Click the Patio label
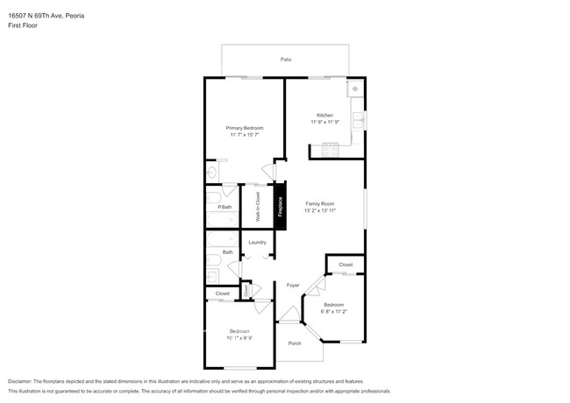coord(285,60)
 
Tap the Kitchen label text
coord(324,116)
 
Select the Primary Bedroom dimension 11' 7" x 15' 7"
coord(245,135)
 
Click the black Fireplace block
coord(281,207)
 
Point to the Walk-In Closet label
coord(258,207)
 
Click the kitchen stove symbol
coord(331,150)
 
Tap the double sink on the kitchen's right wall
coord(358,119)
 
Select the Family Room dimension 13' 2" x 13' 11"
coord(320,210)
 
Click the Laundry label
coord(257,242)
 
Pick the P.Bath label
coord(224,207)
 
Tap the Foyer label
coord(293,286)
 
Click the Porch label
coord(295,343)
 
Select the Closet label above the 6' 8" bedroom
coord(346,264)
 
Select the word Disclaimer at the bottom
coord(24,382)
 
